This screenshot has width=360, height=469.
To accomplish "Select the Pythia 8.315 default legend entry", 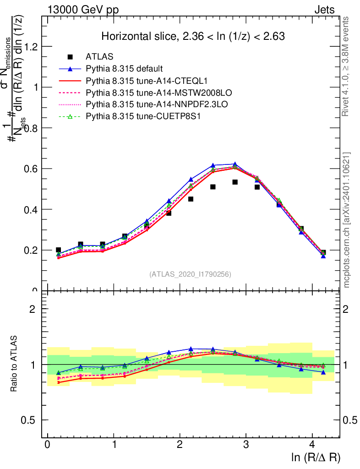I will click(x=124, y=69).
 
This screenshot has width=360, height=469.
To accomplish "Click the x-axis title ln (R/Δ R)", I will click(x=316, y=457).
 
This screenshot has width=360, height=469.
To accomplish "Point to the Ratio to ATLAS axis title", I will click(x=14, y=364).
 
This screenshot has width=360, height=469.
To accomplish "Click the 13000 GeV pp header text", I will click(x=82, y=10).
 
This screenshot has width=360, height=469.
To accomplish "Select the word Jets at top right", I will click(x=324, y=10).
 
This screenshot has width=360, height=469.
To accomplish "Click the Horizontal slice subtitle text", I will click(x=193, y=37).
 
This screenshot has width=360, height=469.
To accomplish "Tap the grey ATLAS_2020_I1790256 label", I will click(x=190, y=274).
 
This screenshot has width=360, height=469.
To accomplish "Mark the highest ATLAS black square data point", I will click(x=235, y=182).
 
